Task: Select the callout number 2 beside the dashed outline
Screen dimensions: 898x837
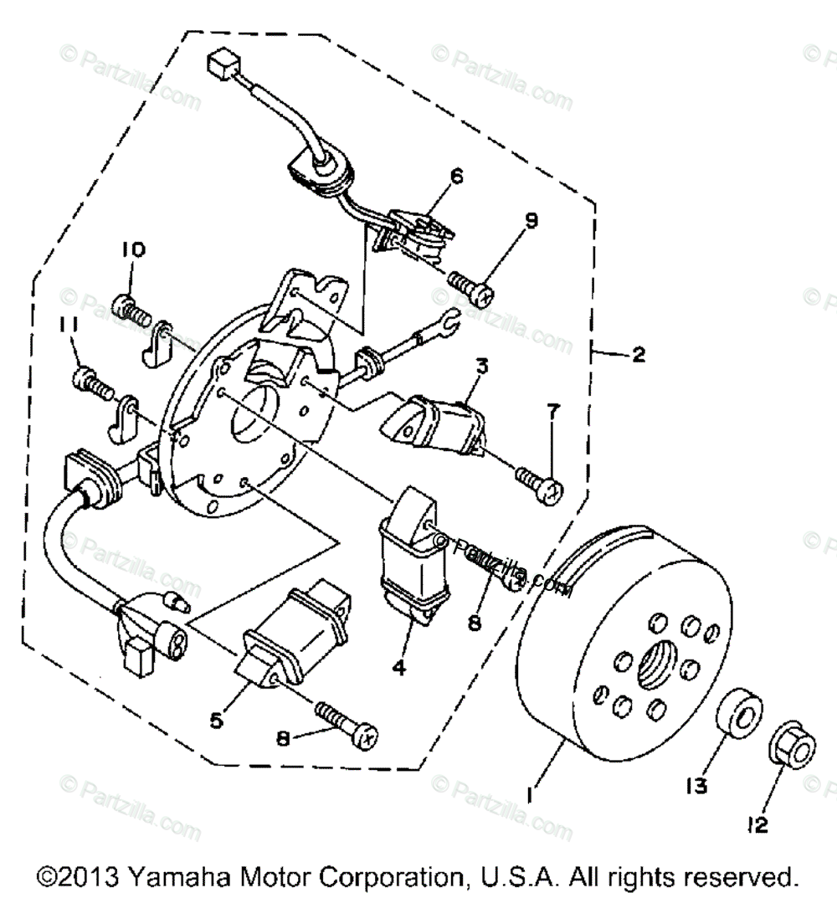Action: (x=639, y=355)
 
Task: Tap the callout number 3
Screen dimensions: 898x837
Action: (x=482, y=367)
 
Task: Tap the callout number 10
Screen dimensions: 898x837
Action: (x=133, y=249)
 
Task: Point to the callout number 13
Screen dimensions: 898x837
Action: (x=697, y=786)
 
